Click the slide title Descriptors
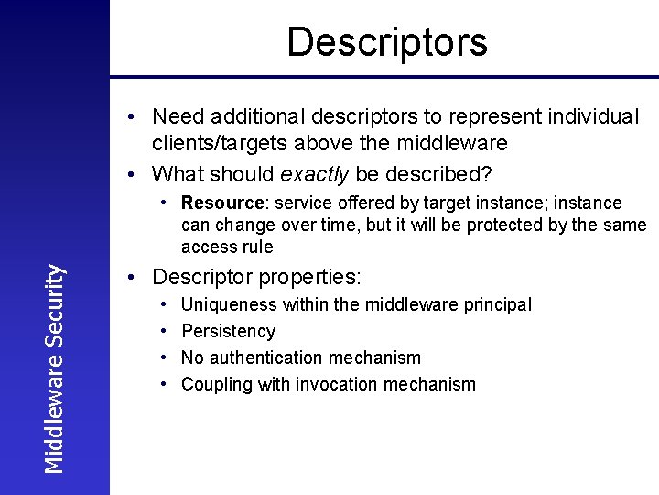[x=387, y=42]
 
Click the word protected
[x=509, y=225]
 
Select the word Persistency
[x=228, y=332]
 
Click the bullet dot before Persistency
[x=163, y=331]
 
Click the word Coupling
[x=217, y=385]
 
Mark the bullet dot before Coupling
[x=163, y=384]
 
